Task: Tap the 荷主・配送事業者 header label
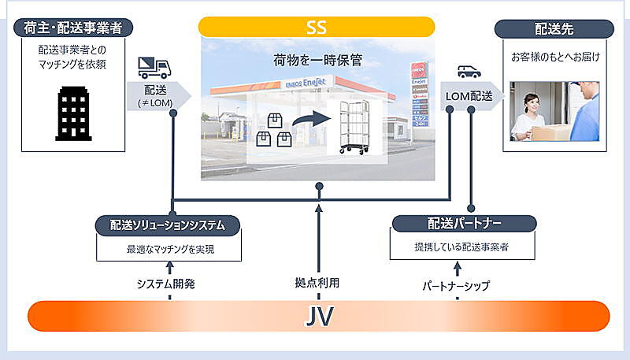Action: pos(73,28)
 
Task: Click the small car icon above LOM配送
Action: pos(469,71)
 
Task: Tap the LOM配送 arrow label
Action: pos(470,95)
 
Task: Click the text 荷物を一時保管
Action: pos(316,60)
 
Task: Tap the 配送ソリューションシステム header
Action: pos(169,225)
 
